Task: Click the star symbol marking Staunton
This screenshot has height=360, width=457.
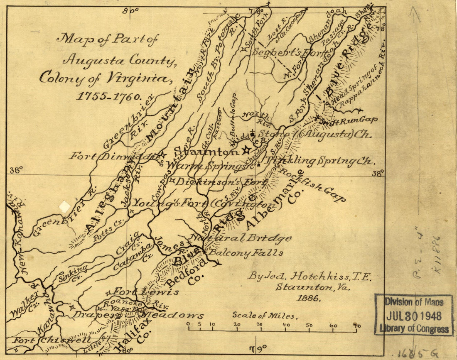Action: point(246,149)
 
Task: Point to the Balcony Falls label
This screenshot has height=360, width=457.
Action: point(246,252)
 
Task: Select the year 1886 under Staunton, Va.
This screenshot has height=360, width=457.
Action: point(307,298)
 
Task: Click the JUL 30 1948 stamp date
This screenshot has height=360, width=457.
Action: point(414,316)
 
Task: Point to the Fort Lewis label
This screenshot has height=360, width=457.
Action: point(146,291)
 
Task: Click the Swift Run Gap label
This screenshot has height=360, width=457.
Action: point(348,120)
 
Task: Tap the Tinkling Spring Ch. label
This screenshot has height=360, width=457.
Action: point(320,161)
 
